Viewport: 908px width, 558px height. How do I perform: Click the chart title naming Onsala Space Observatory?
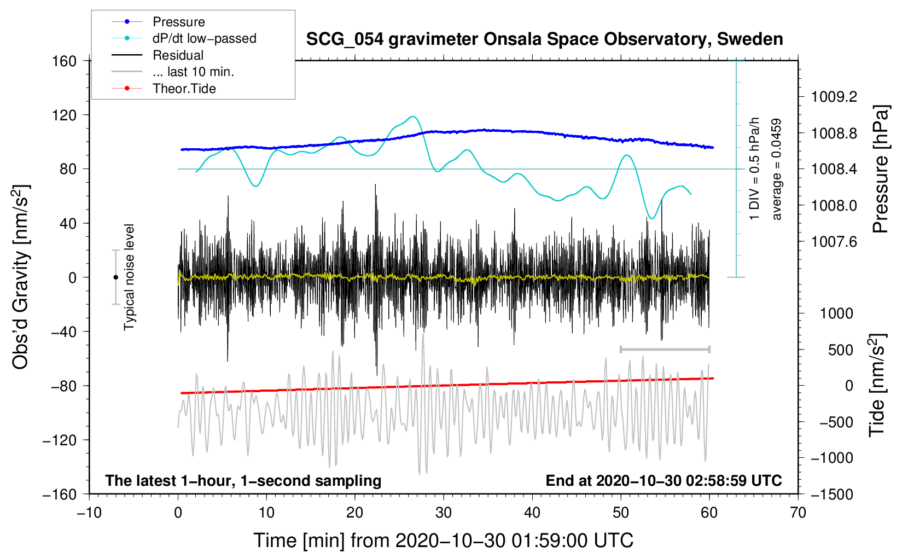[x=544, y=39]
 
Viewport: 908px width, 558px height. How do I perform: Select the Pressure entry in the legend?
[x=158, y=21]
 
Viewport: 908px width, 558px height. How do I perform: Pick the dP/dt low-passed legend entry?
[x=184, y=38]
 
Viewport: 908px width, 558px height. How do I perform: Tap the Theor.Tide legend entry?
[x=164, y=89]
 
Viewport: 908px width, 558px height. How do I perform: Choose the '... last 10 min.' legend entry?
[x=173, y=72]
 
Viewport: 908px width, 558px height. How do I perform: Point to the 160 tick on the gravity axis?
[x=65, y=61]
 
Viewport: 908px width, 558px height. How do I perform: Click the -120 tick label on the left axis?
[x=60, y=440]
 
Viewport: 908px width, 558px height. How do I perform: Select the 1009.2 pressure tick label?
[x=834, y=97]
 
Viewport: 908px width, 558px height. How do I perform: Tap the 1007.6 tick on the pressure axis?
[x=834, y=242]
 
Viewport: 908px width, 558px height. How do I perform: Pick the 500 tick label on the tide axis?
[x=841, y=350]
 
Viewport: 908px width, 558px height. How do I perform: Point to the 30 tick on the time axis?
[x=444, y=513]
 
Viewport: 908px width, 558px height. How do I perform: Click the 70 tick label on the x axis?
[x=798, y=513]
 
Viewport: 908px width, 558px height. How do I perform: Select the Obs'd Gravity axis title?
[x=20, y=277]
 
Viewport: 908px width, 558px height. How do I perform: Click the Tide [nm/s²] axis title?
[x=877, y=385]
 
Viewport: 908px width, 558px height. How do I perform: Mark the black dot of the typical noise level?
[x=115, y=277]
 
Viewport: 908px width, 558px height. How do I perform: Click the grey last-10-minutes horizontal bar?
[x=665, y=349]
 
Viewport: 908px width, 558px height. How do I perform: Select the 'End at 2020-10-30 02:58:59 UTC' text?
[x=663, y=480]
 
